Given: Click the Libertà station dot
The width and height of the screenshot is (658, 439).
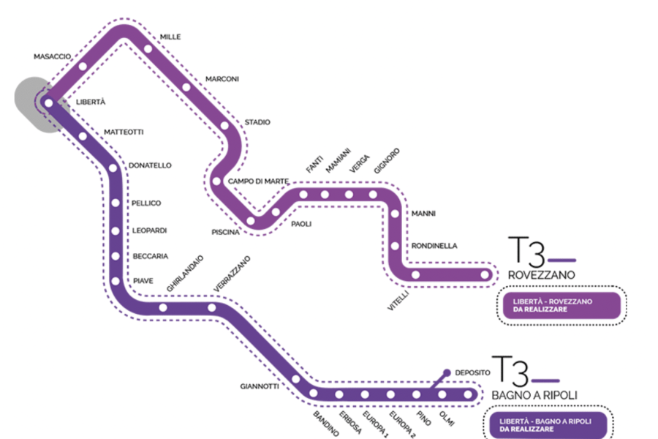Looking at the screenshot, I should (x=49, y=103).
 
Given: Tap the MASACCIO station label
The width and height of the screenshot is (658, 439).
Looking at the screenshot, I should (x=52, y=56).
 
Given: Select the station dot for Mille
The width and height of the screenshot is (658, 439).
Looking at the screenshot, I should (x=148, y=50).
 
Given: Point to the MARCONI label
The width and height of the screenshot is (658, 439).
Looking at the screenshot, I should (x=222, y=79).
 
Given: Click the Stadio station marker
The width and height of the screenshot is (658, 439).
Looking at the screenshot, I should (x=224, y=126).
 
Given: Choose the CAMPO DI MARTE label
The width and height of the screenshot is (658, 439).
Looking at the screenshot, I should (x=259, y=181).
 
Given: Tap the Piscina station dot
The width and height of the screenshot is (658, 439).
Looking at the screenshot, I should (x=251, y=219).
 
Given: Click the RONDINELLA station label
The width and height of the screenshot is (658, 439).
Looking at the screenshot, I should (x=434, y=246).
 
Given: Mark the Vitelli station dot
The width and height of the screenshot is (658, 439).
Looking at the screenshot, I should (x=416, y=275).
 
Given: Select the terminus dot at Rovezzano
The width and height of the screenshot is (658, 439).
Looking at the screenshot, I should (x=484, y=275).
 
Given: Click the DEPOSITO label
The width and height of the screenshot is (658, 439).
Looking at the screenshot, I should (x=472, y=372).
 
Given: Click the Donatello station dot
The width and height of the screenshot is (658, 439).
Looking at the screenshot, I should (x=113, y=169).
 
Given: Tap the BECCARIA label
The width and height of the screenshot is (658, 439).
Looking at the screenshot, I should (x=151, y=256).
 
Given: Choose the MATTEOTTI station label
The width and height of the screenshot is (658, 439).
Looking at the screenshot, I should (x=124, y=132).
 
